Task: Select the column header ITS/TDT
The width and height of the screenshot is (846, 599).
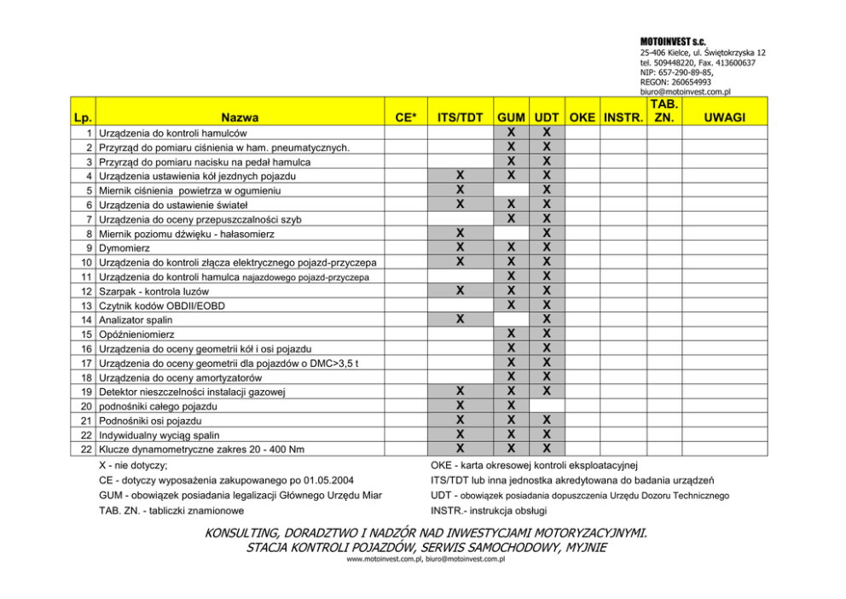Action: (x=460, y=118)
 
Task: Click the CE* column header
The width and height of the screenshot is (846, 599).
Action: (x=407, y=118)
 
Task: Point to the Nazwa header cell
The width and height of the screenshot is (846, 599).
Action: (x=239, y=118)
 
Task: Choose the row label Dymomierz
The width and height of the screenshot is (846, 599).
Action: (x=125, y=247)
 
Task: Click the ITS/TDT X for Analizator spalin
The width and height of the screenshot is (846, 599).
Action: (x=460, y=320)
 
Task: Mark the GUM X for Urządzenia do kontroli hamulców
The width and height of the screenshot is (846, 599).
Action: (x=510, y=132)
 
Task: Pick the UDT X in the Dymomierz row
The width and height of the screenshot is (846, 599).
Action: (x=547, y=247)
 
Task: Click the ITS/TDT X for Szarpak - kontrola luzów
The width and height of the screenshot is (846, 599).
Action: (x=460, y=291)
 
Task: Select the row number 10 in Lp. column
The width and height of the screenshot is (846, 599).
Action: (x=87, y=262)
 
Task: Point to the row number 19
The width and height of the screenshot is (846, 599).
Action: (x=87, y=393)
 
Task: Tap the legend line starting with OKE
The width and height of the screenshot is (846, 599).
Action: (x=535, y=465)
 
